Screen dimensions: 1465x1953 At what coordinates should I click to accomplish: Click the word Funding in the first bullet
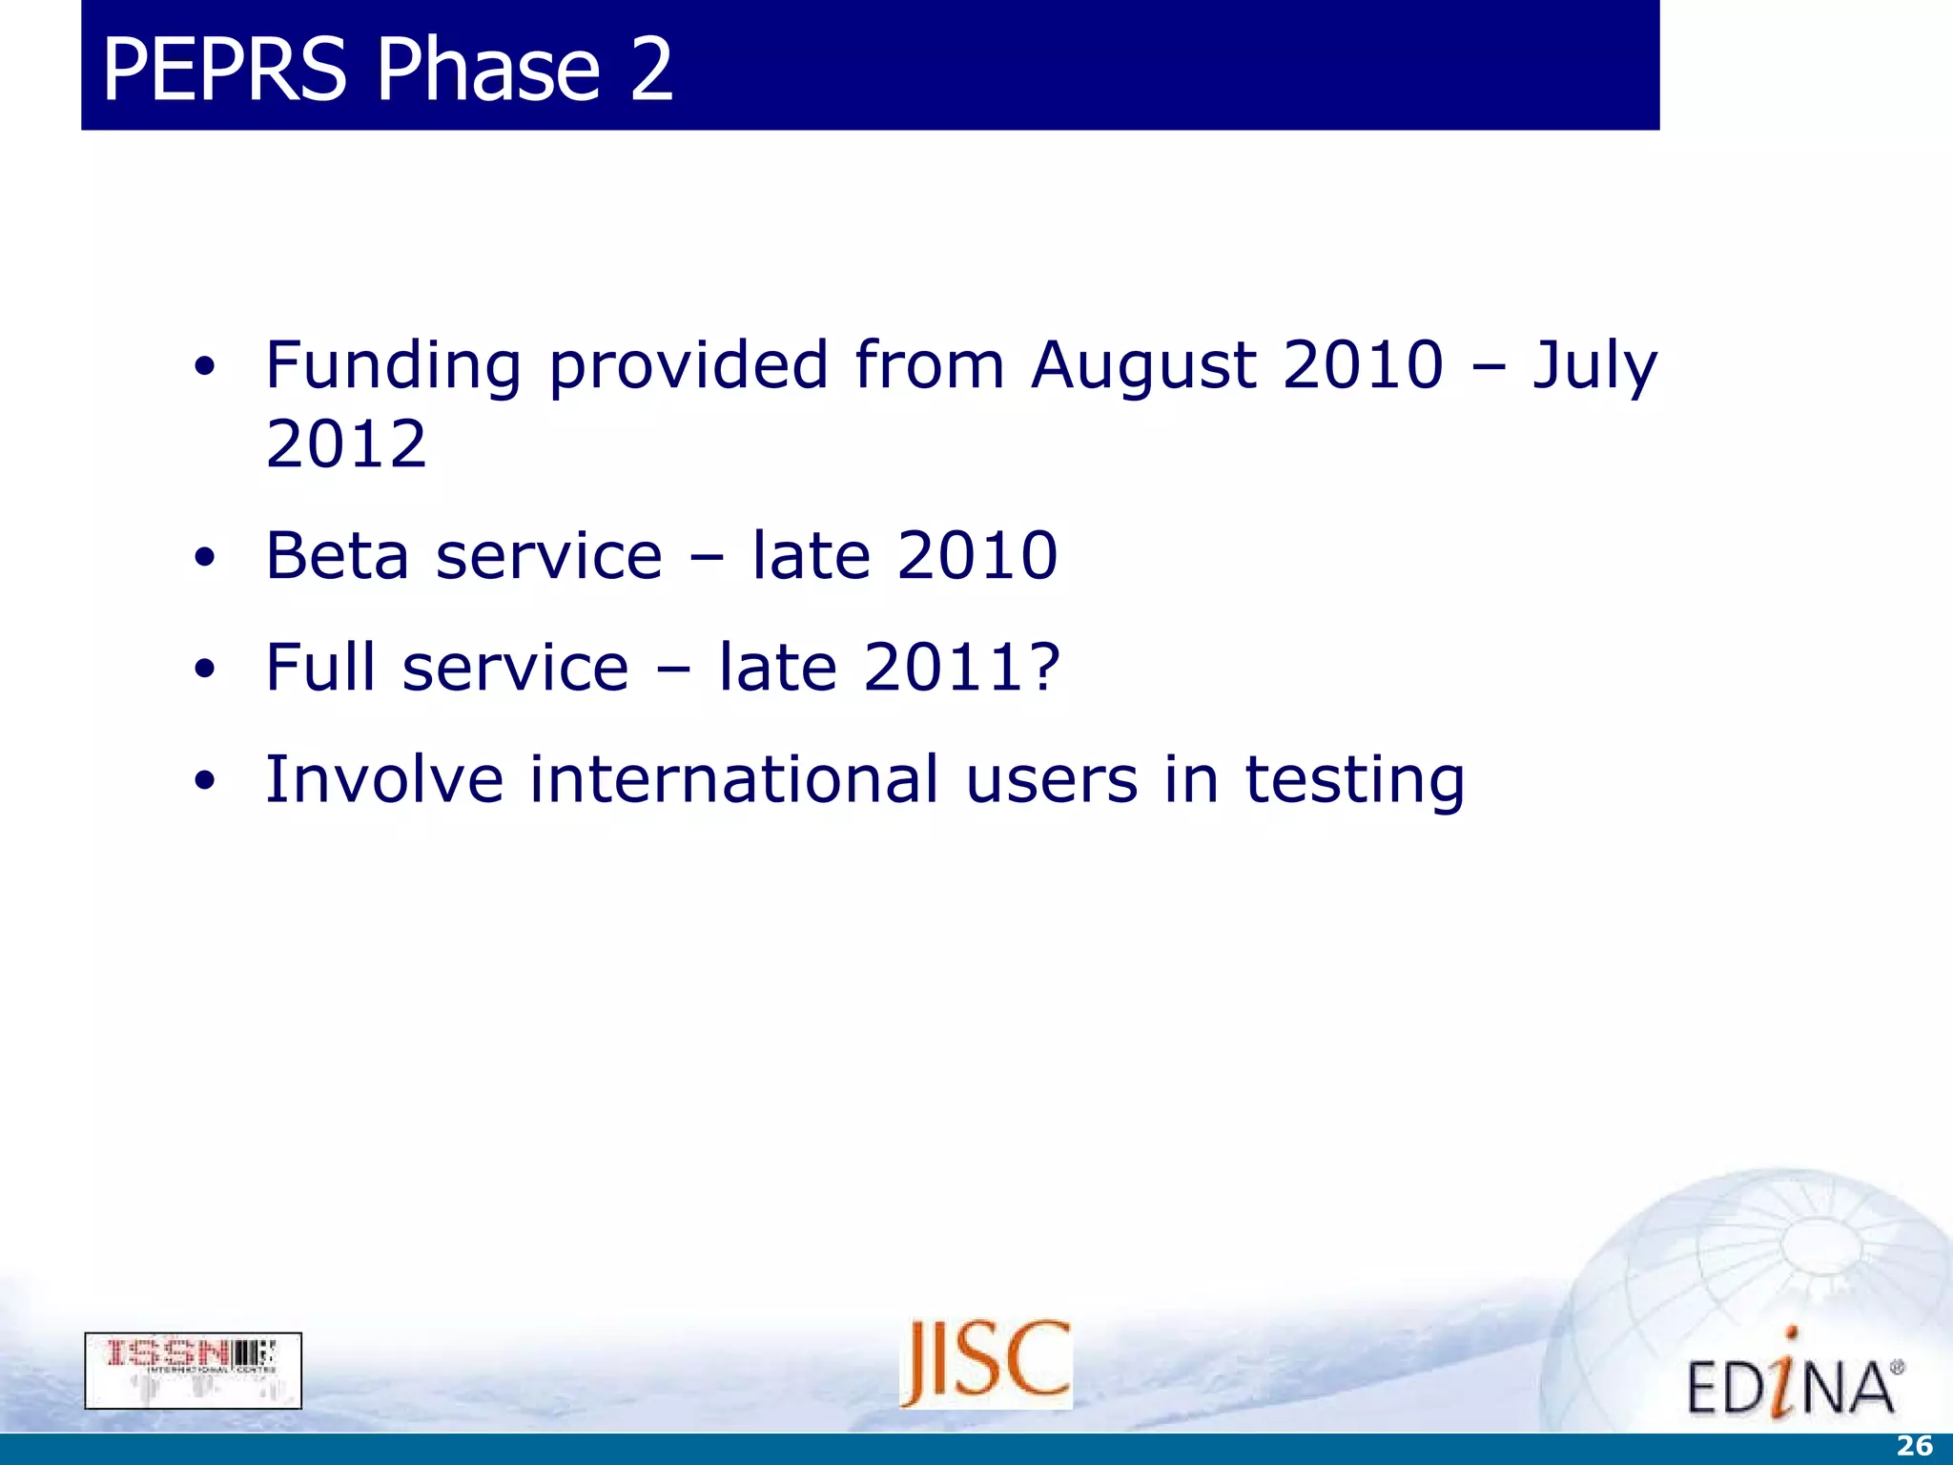(x=393, y=367)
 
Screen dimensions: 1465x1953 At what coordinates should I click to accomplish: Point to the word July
(x=1595, y=367)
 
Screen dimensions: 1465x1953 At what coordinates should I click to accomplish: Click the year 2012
(x=346, y=444)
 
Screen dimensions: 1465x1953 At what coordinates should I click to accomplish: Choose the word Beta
(x=338, y=556)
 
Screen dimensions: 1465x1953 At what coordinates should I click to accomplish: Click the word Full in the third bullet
(x=320, y=668)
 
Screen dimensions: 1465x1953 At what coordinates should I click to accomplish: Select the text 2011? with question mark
(x=961, y=668)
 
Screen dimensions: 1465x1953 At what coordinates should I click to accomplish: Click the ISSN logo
(x=193, y=1370)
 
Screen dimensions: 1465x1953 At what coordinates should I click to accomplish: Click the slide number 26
(x=1914, y=1446)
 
